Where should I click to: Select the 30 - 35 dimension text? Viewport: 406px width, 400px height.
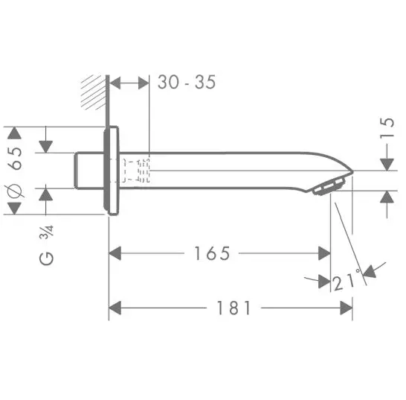[x=187, y=82]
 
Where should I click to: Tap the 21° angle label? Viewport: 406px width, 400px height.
[x=345, y=281]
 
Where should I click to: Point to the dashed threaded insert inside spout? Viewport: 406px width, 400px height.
[x=135, y=171]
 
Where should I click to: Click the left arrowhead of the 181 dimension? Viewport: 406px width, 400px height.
[x=114, y=306]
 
